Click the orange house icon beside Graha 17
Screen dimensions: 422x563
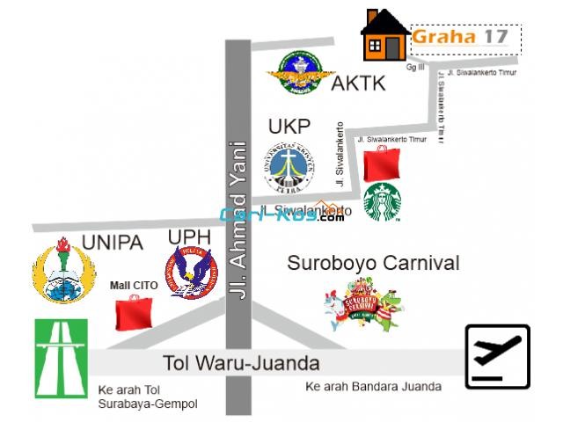pyautogui.click(x=384, y=36)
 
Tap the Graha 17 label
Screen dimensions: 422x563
pyautogui.click(x=460, y=37)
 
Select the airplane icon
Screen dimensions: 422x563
pyautogui.click(x=497, y=356)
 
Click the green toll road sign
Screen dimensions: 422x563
pyautogui.click(x=61, y=358)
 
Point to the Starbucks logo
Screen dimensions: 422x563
pyautogui.click(x=383, y=203)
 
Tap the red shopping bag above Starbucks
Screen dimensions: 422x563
pyautogui.click(x=382, y=163)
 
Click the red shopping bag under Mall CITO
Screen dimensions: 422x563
pyautogui.click(x=134, y=312)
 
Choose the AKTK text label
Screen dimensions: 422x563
pyautogui.click(x=358, y=84)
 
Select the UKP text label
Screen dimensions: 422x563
pyautogui.click(x=289, y=127)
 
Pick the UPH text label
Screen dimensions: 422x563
pyautogui.click(x=188, y=237)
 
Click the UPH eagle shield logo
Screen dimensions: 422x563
pyautogui.click(x=191, y=272)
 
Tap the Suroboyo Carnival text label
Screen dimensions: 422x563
pyautogui.click(x=374, y=263)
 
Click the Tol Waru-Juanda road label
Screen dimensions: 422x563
pyautogui.click(x=241, y=362)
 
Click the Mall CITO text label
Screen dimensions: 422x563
pyautogui.click(x=134, y=285)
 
